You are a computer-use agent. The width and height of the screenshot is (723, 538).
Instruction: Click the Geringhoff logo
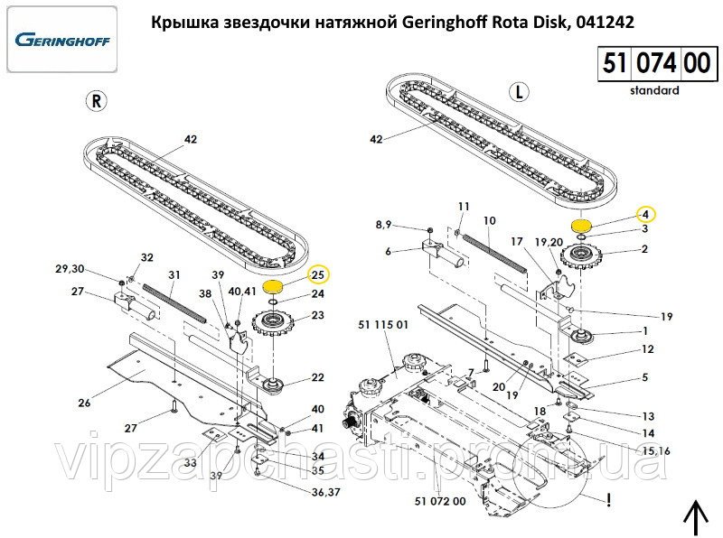pyautogui.click(x=61, y=40)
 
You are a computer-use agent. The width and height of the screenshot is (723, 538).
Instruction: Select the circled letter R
pyautogui.click(x=97, y=100)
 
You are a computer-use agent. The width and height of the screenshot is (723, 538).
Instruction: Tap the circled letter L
pyautogui.click(x=519, y=92)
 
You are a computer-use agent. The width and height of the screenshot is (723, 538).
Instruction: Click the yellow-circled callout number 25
pyautogui.click(x=319, y=275)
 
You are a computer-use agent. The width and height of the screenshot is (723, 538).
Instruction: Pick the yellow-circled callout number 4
pyautogui.click(x=645, y=214)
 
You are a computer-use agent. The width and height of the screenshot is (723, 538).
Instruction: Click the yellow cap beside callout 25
pyautogui.click(x=273, y=287)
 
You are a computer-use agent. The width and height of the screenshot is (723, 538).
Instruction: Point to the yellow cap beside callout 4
pyautogui.click(x=581, y=227)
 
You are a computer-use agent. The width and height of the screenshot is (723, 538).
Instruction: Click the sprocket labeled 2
pyautogui.click(x=578, y=257)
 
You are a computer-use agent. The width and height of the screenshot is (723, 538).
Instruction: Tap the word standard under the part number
pyautogui.click(x=654, y=90)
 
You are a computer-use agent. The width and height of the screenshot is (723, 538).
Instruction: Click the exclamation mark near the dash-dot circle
pyautogui.click(x=609, y=500)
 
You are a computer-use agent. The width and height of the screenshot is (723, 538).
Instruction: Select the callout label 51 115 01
pyautogui.click(x=383, y=325)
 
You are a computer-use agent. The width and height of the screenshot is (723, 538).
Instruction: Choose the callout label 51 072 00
pyautogui.click(x=440, y=501)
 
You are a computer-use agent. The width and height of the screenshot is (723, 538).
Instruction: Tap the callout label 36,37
pyautogui.click(x=325, y=492)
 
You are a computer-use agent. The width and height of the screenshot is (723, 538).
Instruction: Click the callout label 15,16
pyautogui.click(x=656, y=451)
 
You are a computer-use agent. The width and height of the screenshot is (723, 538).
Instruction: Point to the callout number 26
pyautogui.click(x=84, y=403)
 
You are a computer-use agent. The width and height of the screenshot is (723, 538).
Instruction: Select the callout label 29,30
pyautogui.click(x=70, y=268)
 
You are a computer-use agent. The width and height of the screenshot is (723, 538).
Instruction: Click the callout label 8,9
pyautogui.click(x=383, y=225)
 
